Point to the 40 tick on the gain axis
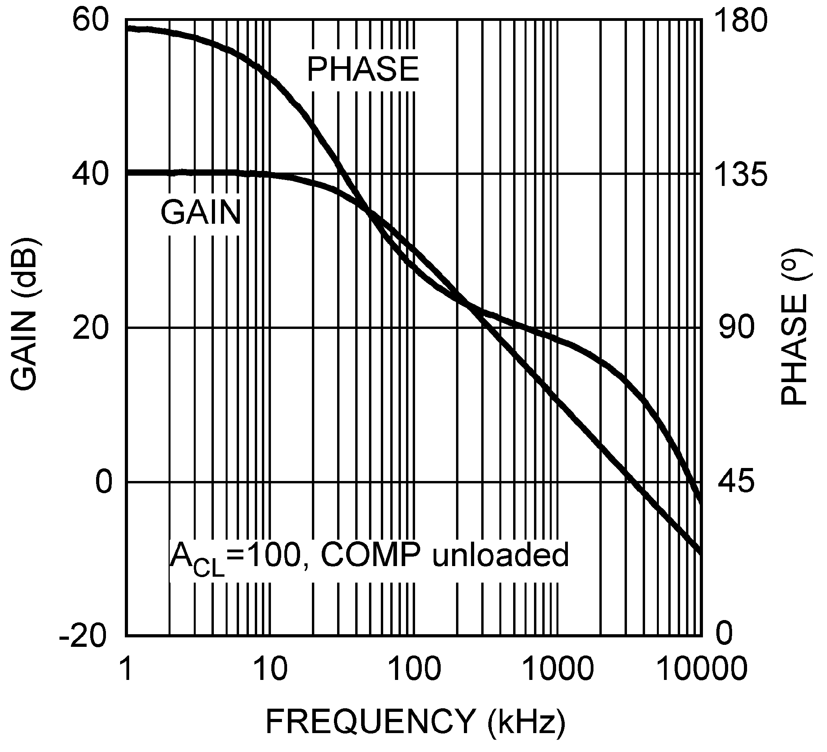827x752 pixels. (x=91, y=175)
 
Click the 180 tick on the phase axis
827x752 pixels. (x=741, y=21)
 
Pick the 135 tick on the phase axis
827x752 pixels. (x=741, y=175)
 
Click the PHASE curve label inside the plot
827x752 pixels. (x=363, y=69)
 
